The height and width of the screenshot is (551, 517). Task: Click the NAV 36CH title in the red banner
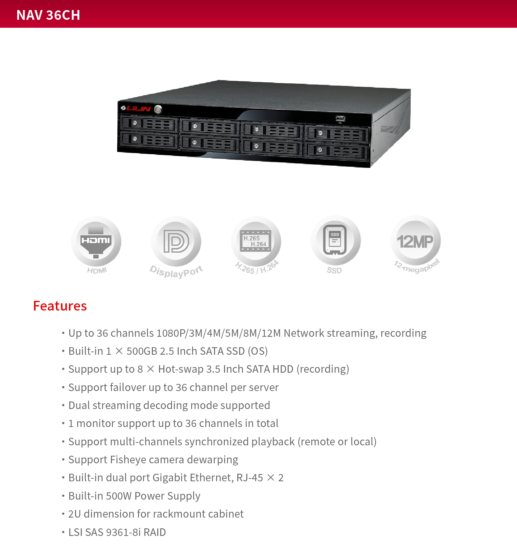pos(48,15)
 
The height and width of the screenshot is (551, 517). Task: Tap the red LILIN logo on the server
pos(136,108)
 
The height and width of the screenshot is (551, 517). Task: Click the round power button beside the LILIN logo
pos(158,109)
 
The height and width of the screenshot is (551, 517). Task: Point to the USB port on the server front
pos(340,118)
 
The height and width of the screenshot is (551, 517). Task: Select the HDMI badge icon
pos(96,241)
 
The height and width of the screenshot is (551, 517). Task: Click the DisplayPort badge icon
pos(176,241)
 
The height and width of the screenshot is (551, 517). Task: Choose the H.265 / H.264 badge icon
pos(256,241)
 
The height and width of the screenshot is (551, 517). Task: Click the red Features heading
pos(60,306)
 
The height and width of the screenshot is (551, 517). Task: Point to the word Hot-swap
pos(181,369)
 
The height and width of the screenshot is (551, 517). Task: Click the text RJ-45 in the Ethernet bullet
pos(250,478)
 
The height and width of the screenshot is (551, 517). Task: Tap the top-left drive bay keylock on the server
pos(135,123)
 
